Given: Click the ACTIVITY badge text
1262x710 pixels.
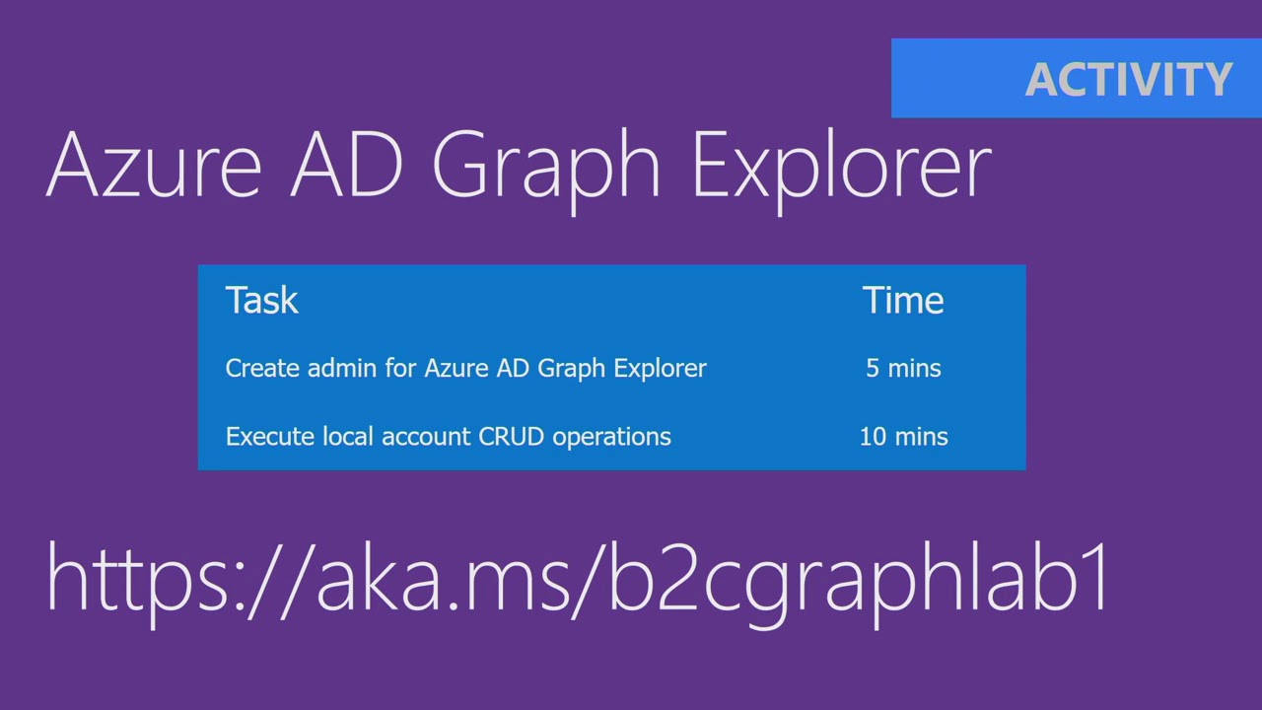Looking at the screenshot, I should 1128,79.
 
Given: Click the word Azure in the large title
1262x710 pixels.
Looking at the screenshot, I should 153,165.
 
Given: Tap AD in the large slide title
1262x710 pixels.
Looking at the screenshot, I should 346,165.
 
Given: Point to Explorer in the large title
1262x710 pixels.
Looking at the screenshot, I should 841,165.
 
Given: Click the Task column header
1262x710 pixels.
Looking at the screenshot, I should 261,301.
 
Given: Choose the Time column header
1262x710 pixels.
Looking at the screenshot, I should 903,301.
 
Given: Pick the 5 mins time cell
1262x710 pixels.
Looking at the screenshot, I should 903,368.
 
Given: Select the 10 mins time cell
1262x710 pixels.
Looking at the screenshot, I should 903,437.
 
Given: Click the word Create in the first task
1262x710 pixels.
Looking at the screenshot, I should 262,368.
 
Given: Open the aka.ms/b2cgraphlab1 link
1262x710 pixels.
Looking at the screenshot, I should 578,579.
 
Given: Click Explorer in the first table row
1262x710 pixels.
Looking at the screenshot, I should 660,369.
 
